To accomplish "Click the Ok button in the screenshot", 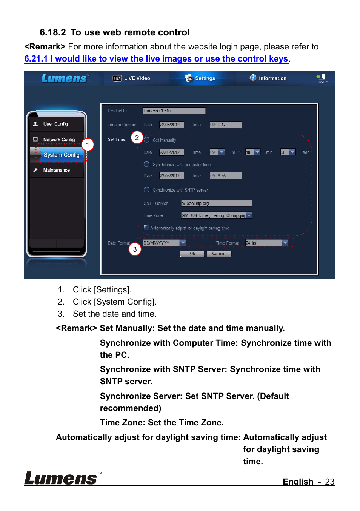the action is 192,254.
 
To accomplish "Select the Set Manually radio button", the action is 147,140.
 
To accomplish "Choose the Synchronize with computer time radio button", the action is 147,164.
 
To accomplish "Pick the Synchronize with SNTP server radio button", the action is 147,190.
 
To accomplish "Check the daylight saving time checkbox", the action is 146,228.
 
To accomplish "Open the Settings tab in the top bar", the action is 200,78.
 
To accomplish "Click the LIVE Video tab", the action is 132,78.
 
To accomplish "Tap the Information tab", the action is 268,78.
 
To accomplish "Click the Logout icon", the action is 321,78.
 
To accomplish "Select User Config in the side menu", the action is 55,124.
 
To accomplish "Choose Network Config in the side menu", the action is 59,139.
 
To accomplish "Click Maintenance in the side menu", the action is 56,170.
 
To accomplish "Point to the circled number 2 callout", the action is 137,137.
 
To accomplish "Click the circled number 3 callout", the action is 135,249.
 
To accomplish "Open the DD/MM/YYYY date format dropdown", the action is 183,243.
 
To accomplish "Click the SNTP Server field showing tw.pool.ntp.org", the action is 216,203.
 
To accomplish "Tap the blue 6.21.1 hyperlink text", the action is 156,59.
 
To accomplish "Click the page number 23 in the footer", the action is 329,482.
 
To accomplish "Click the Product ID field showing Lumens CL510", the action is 174,111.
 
